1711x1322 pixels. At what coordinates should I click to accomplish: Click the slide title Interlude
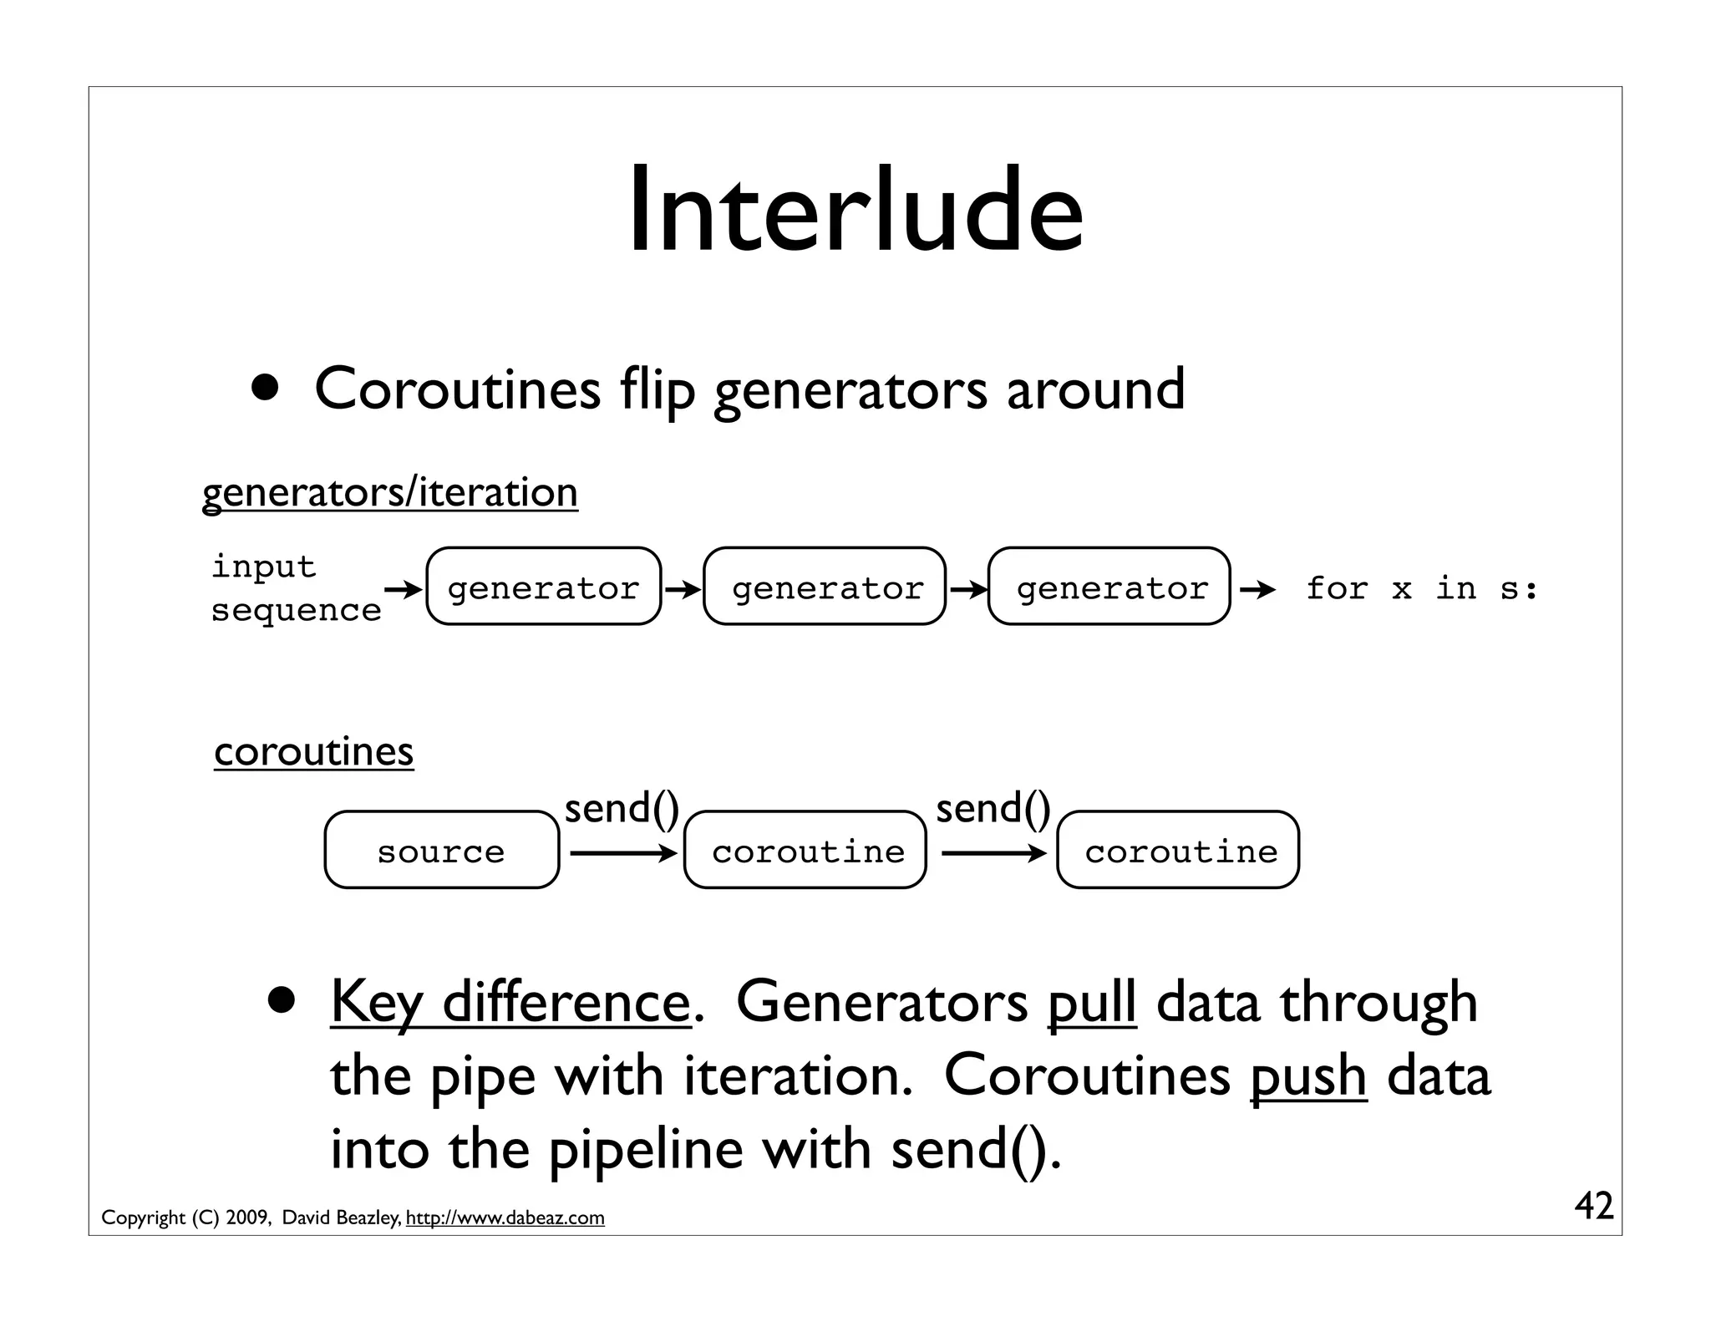pos(855,211)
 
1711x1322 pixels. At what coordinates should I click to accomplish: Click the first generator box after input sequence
pos(543,587)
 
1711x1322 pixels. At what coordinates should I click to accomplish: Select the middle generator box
pos(825,587)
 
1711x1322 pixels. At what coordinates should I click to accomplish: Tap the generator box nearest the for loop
pos(1109,587)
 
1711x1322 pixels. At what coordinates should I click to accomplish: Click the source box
pos(441,850)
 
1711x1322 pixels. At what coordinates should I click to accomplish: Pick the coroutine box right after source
pos(805,850)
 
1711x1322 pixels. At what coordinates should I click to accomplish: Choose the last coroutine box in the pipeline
pos(1178,850)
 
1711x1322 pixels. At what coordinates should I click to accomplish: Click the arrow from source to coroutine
pos(622,853)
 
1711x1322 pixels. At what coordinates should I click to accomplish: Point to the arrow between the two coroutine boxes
pos(993,853)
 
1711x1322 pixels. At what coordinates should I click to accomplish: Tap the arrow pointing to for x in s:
pos(1257,591)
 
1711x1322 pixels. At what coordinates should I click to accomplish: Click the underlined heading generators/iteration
pos(390,491)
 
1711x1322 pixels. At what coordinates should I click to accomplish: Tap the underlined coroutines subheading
pos(313,750)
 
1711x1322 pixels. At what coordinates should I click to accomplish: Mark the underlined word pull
pos(1091,1002)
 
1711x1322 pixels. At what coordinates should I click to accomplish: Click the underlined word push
pos(1307,1075)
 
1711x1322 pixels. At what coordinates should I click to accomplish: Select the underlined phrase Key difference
pos(510,1002)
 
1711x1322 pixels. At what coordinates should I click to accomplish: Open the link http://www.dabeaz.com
pos(505,1218)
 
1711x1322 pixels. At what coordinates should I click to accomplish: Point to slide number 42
pos(1593,1206)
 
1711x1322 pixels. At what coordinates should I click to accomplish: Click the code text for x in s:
pos(1421,589)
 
